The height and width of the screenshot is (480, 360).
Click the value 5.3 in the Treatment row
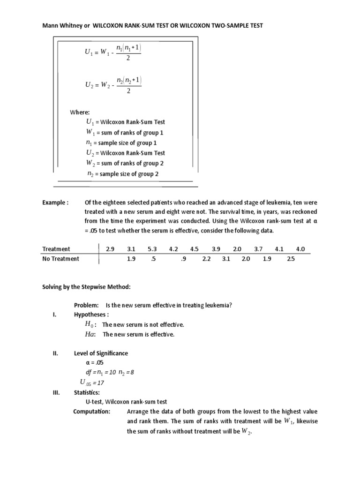152,249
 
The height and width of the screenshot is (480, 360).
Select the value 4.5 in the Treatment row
195,249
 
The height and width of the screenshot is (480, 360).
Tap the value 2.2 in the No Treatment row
207,259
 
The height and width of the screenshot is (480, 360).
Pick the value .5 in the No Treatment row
153,259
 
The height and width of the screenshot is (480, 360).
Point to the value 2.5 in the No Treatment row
291,259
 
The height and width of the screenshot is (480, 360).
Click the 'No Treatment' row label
61,259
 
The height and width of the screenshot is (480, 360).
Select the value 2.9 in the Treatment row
110,249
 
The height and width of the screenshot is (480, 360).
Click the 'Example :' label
55,202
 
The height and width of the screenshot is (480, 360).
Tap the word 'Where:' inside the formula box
80,112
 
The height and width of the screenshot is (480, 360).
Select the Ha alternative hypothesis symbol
90,334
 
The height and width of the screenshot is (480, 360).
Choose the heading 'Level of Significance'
101,353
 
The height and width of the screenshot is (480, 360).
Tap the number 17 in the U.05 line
103,382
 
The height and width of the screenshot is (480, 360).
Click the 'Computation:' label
92,412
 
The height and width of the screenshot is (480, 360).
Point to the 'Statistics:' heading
87,392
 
